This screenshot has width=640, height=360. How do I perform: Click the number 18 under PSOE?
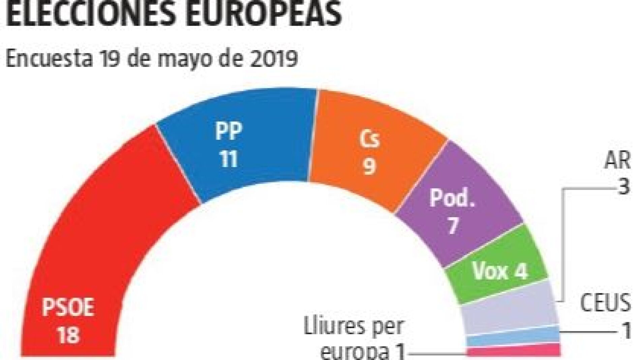(68, 335)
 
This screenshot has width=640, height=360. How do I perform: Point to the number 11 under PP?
(229, 158)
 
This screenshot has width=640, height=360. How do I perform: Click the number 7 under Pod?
(452, 225)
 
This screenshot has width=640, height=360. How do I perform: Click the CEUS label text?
(605, 303)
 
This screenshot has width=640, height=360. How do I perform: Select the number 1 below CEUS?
(626, 331)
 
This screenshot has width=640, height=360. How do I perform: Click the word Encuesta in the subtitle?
(49, 59)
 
